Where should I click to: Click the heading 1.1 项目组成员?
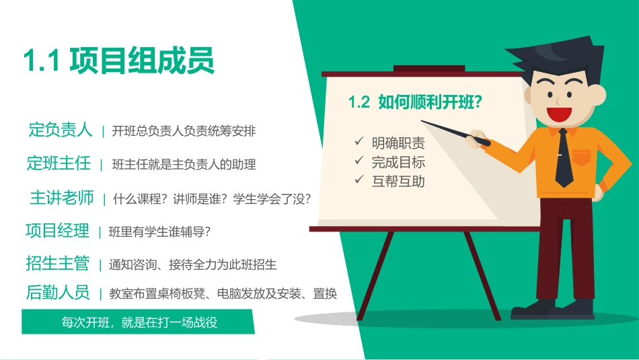point(118,61)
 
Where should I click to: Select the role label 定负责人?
point(60,129)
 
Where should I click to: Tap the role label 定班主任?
point(59,163)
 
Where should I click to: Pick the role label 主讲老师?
point(62,198)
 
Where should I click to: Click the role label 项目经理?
point(57,231)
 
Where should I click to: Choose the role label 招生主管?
point(57,263)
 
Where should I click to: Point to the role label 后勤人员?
point(57,293)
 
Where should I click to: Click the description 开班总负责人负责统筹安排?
point(184,131)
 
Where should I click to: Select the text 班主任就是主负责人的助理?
point(184,164)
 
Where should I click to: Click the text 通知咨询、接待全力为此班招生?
point(192,264)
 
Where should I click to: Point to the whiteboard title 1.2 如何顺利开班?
point(418,102)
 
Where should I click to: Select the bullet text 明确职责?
point(398,143)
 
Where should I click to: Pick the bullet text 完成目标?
point(398,162)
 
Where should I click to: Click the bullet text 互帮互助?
point(398,181)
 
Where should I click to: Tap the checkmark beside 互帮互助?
point(359,180)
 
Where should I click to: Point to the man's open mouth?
point(556,112)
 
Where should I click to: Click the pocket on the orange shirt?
point(582,157)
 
